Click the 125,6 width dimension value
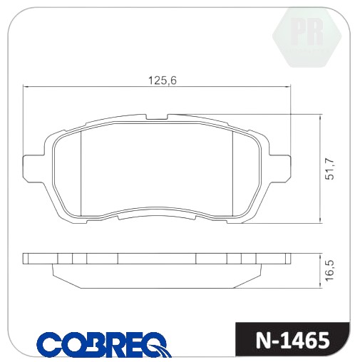[x=163, y=81]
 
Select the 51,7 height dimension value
[x=330, y=169]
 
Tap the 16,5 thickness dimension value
[x=330, y=271]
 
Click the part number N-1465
[x=292, y=341]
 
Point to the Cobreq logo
[x=104, y=344]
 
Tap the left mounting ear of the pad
[x=34, y=169]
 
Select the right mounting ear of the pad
[x=279, y=169]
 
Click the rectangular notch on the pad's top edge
[x=157, y=117]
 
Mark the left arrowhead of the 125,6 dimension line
[x=26, y=87]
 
